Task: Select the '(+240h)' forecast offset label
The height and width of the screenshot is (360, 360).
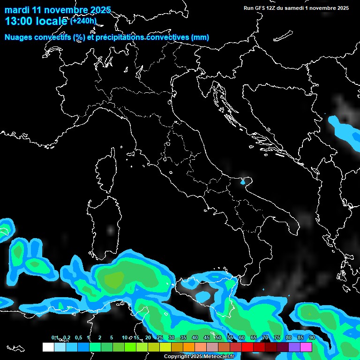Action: coord(83,21)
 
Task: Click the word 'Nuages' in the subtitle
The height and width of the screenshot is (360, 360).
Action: coord(19,37)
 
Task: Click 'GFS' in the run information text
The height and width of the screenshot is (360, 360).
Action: coord(260,8)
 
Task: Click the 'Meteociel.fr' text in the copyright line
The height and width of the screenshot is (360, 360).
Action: coord(218,357)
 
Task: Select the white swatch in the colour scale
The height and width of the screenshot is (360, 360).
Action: coord(48,347)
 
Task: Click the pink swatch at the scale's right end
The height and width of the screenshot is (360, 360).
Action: coord(306,347)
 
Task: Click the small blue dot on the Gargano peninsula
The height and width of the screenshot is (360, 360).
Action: coord(243,181)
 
